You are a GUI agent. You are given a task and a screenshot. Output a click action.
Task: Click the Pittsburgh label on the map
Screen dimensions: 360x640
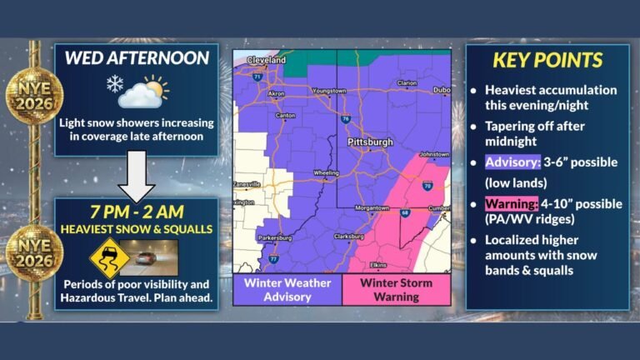click(x=369, y=142)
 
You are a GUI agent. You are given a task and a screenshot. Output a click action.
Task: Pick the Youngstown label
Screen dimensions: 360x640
click(x=327, y=90)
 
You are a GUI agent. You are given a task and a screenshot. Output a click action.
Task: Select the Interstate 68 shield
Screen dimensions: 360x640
click(x=406, y=212)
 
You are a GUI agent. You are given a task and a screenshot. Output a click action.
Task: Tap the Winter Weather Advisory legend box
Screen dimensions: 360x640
click(x=287, y=291)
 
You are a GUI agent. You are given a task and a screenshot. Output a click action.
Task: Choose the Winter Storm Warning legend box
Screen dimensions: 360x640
click(x=396, y=291)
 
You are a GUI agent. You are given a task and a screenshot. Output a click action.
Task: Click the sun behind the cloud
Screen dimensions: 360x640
click(x=154, y=85)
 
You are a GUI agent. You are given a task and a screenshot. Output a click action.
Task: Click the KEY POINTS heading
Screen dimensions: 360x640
click(x=547, y=61)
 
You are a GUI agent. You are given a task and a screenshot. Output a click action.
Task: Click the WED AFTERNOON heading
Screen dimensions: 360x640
click(x=137, y=59)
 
